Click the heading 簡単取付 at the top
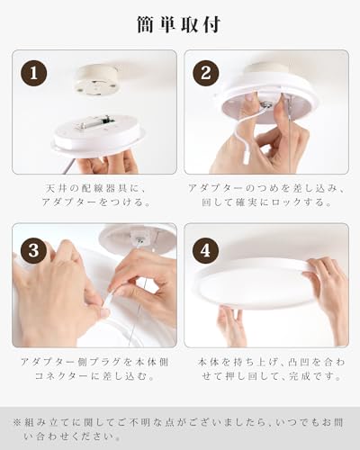pyautogui.click(x=179, y=25)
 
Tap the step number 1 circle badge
pyautogui.click(x=33, y=73)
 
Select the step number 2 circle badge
pyautogui.click(x=205, y=73)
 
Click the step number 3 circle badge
pyautogui.click(x=33, y=250)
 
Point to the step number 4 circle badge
pyautogui.click(x=205, y=250)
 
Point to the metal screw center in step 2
pyautogui.click(x=265, y=104)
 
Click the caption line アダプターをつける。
pyautogui.click(x=96, y=202)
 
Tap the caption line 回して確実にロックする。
pyautogui.click(x=267, y=202)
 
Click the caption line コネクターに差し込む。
pyautogui.click(x=94, y=376)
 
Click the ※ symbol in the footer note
pyautogui.click(x=17, y=423)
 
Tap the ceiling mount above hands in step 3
pyautogui.click(x=137, y=240)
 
